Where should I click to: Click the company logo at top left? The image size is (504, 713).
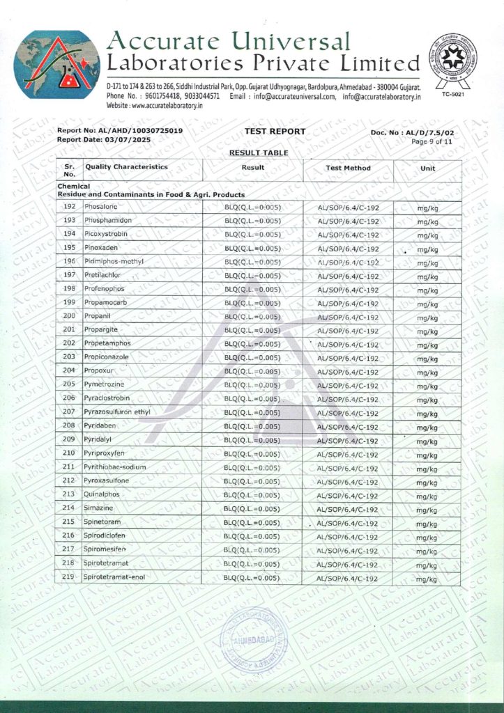tap(58, 64)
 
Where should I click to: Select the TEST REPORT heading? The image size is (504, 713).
tap(275, 131)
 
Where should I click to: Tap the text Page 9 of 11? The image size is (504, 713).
tap(432, 141)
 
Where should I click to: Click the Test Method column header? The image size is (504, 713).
tap(348, 168)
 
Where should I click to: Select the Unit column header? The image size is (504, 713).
tap(427, 169)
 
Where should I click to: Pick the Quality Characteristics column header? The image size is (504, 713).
tap(126, 167)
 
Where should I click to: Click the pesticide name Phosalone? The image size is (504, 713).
tap(100, 207)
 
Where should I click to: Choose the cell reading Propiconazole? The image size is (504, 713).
tap(107, 357)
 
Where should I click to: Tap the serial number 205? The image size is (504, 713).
tap(69, 384)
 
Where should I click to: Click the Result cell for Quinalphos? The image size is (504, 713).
tap(252, 495)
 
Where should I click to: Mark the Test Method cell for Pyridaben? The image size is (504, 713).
tap(347, 427)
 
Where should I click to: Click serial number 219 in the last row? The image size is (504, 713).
tap(68, 578)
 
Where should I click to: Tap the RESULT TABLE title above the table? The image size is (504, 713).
tap(259, 152)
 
